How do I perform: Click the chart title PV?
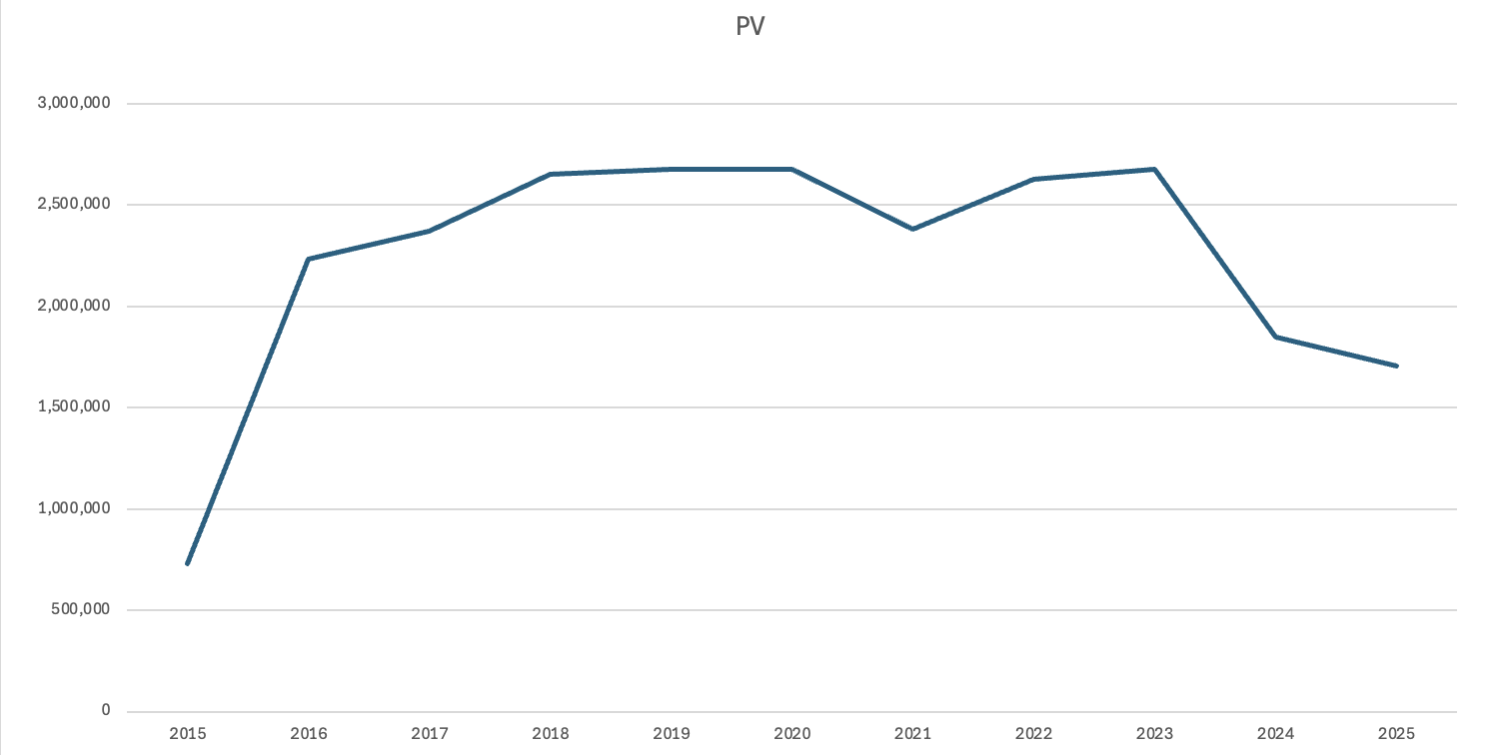point(749,27)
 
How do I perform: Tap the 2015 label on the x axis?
point(188,734)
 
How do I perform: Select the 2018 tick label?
point(551,734)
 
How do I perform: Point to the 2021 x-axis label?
point(912,734)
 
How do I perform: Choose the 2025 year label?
point(1396,734)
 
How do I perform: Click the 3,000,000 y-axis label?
point(74,103)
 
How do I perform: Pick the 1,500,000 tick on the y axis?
point(74,407)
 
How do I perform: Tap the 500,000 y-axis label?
point(80,610)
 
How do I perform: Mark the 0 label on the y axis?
point(105,711)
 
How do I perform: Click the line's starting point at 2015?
point(188,564)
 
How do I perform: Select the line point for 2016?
point(309,259)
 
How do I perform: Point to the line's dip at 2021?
point(912,229)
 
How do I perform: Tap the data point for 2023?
point(1154,169)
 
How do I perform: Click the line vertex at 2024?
point(1275,337)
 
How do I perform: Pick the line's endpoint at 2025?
point(1396,366)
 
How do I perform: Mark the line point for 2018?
point(551,174)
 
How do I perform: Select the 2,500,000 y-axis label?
point(74,205)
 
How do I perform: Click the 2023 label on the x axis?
point(1154,734)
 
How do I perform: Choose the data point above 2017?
point(430,231)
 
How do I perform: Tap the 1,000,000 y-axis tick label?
point(74,509)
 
